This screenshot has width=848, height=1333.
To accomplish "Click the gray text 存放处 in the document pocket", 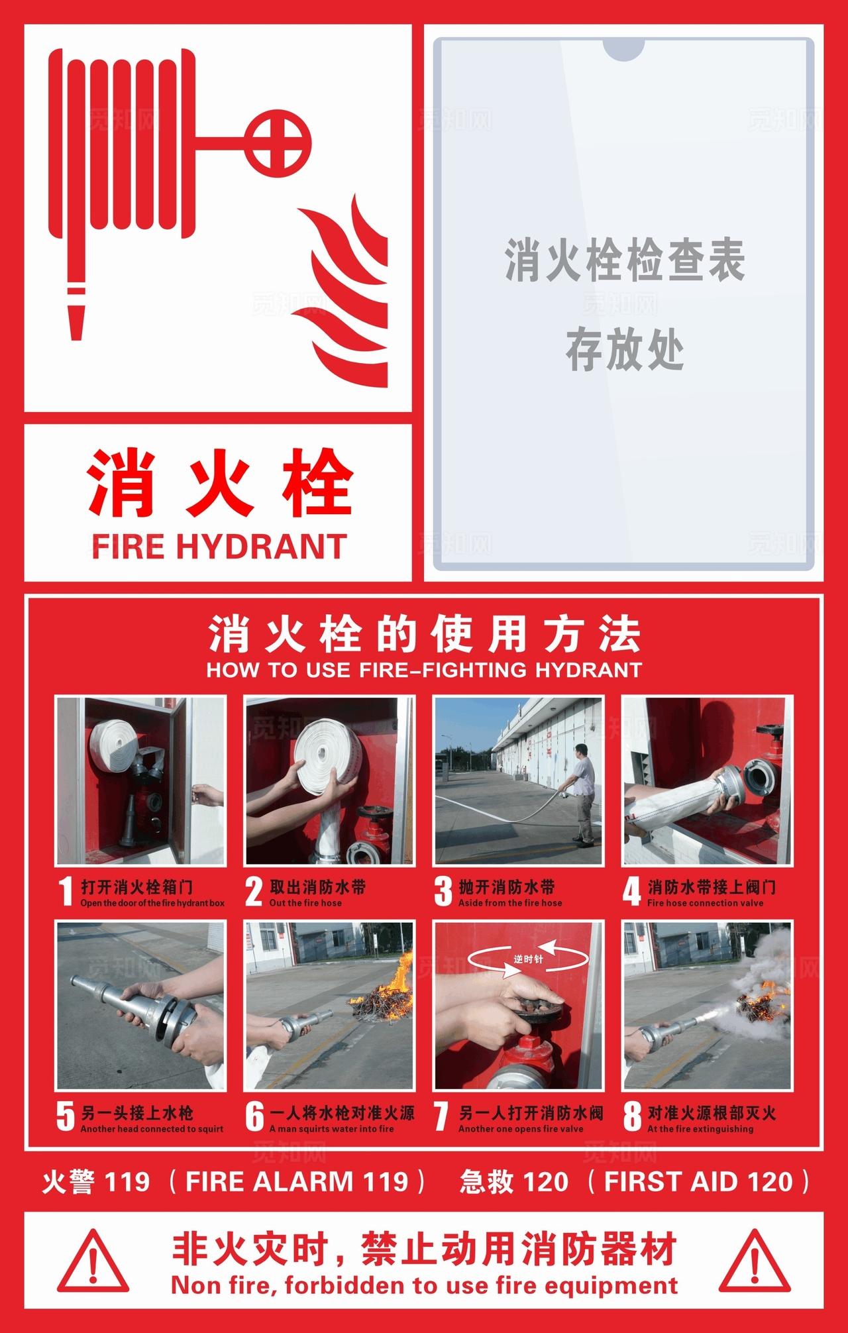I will [x=625, y=352].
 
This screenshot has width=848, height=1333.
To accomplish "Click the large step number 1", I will [x=65, y=892].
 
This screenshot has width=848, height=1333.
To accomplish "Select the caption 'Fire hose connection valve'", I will [x=705, y=903].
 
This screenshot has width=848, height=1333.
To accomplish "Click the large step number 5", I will [x=65, y=1117].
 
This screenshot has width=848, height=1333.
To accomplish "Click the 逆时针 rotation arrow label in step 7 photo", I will [x=527, y=959].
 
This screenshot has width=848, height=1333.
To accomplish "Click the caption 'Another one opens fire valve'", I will [x=521, y=1129].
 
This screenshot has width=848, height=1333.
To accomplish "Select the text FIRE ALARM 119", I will [x=296, y=1181].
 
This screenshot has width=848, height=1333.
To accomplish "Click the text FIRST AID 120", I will [x=698, y=1181].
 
